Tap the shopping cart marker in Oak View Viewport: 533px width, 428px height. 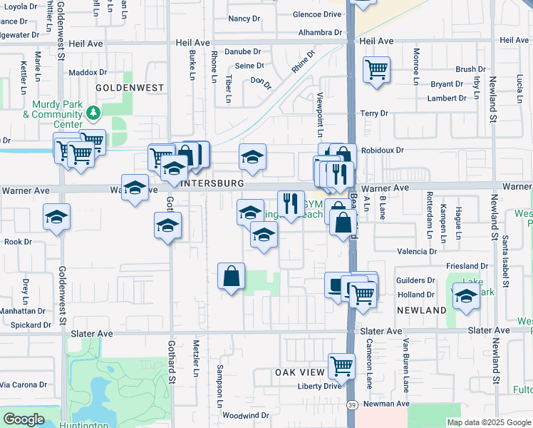point(342,366)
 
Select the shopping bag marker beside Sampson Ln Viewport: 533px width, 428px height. point(232,276)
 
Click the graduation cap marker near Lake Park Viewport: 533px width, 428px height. point(466,296)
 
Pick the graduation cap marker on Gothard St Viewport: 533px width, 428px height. point(168,225)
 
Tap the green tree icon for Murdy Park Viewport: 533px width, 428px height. point(93,113)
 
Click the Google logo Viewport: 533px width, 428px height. point(24,419)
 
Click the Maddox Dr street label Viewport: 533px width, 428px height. point(88,72)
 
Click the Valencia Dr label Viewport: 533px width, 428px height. point(417,252)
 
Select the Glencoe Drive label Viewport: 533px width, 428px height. point(317,14)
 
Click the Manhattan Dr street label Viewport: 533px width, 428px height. point(22,311)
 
